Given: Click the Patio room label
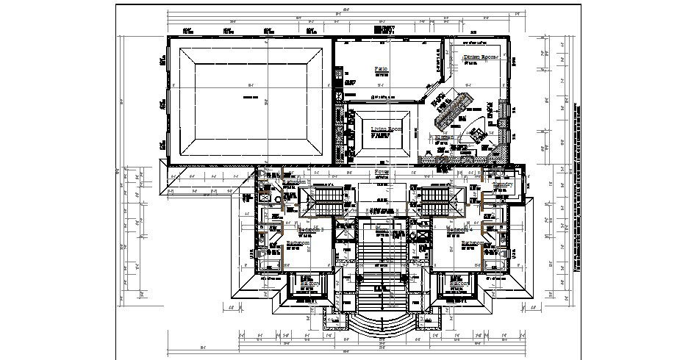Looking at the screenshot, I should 380,68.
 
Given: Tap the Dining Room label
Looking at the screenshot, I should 481,57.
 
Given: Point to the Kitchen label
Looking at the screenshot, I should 443,137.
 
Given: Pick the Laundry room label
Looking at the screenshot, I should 501,184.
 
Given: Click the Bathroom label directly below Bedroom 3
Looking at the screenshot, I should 298,243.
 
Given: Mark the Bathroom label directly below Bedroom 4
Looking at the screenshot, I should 476,243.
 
